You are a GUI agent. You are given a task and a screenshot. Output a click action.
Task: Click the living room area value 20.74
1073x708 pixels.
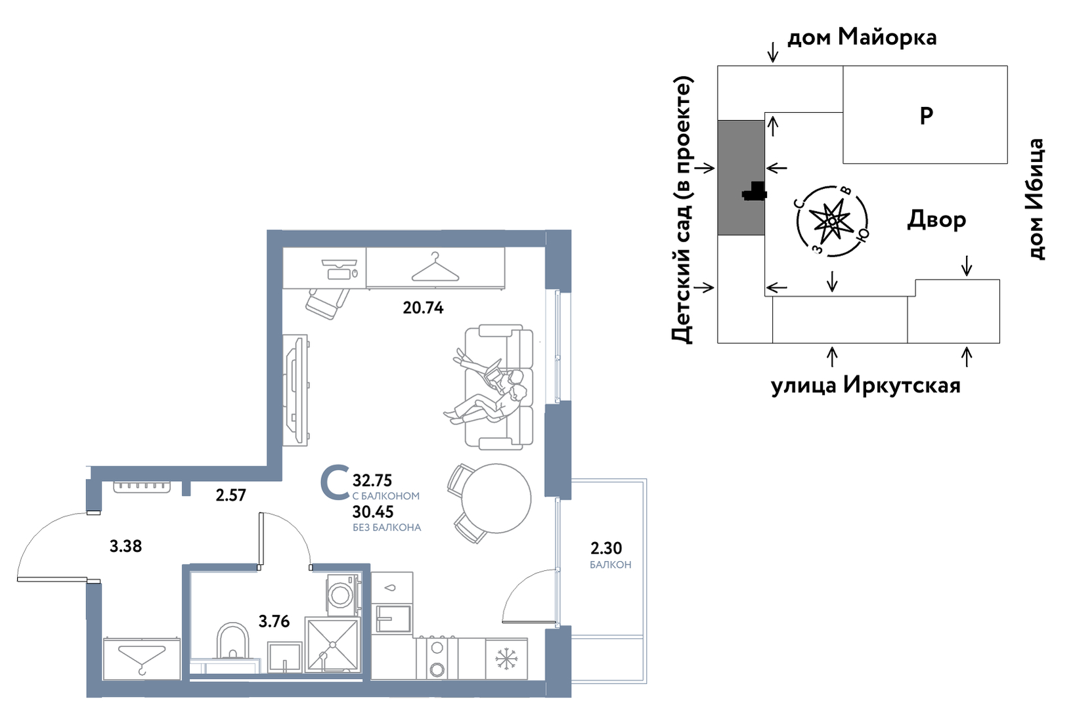click(423, 307)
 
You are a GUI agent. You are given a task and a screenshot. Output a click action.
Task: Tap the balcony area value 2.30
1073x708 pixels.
click(605, 548)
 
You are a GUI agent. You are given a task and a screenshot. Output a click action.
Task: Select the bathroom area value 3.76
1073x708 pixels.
click(274, 621)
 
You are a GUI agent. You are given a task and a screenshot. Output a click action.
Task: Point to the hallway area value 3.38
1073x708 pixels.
click(125, 546)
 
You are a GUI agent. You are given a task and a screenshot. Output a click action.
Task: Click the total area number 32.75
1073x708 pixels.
click(372, 480)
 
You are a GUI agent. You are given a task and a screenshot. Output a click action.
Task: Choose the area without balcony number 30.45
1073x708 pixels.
click(372, 512)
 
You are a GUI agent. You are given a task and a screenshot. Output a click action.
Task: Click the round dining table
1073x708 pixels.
click(496, 498)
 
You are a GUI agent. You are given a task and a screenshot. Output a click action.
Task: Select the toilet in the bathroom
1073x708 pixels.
click(232, 641)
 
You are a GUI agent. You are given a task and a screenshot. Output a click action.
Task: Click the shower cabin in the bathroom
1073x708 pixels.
click(332, 644)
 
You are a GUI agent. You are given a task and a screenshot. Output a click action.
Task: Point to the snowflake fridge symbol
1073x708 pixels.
click(506, 659)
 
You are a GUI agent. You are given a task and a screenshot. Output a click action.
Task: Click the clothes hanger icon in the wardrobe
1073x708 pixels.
click(435, 268)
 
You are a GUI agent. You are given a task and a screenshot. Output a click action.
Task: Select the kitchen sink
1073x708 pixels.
click(393, 618)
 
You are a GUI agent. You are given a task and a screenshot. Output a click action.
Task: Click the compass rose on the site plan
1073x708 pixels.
click(831, 220)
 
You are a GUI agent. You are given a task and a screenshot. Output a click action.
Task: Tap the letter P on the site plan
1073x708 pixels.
click(926, 115)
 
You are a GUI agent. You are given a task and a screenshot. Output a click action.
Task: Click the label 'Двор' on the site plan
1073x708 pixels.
click(936, 219)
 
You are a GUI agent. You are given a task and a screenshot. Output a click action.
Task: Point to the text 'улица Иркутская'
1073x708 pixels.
click(865, 385)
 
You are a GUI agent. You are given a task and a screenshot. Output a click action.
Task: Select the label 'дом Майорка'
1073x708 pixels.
click(862, 37)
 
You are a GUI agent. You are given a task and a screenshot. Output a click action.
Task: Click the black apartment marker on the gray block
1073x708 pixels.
click(755, 191)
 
